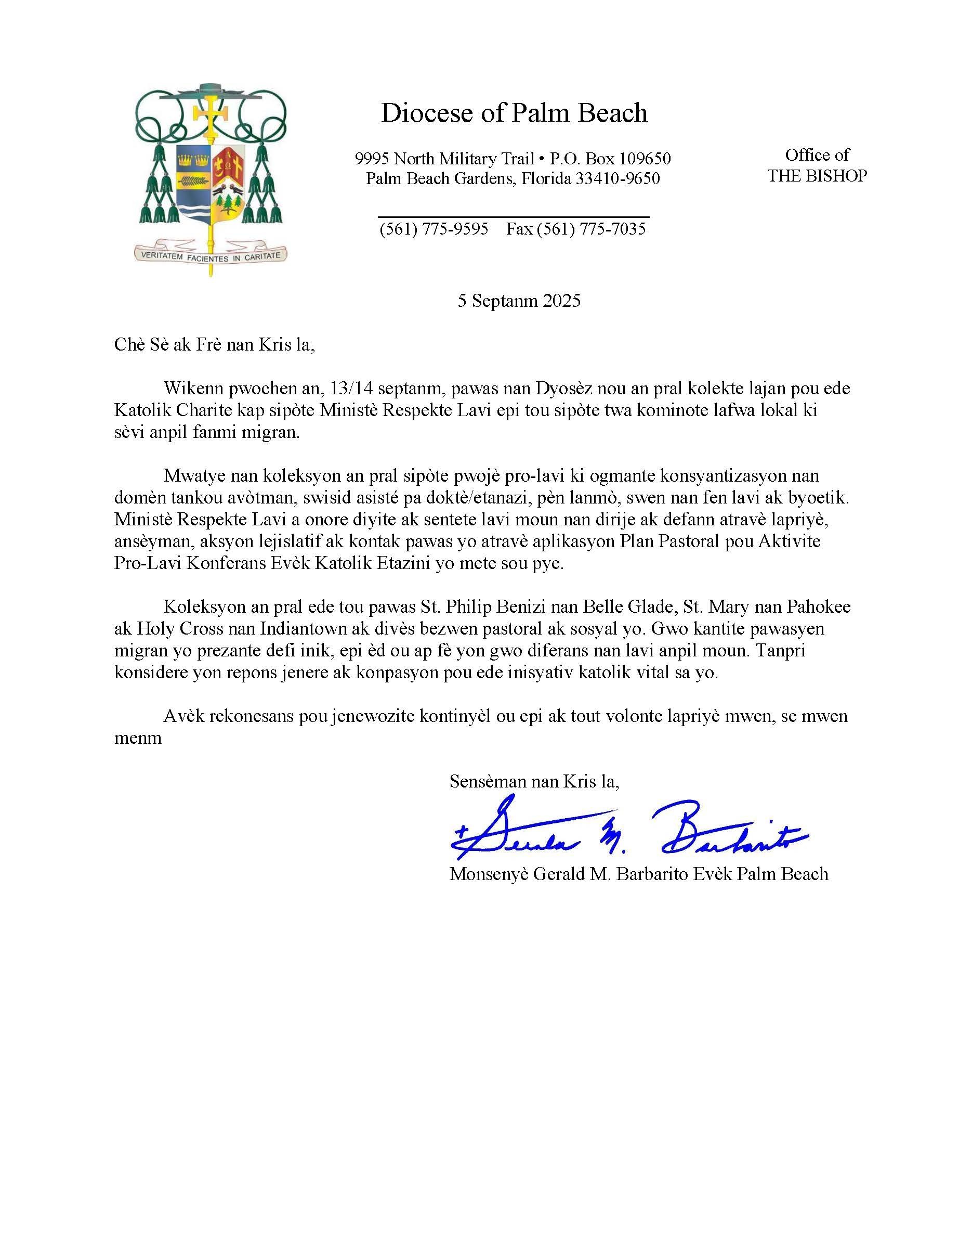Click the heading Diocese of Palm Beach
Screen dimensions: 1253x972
point(514,113)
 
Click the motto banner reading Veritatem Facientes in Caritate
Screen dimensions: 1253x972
point(211,256)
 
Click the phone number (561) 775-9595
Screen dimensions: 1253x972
point(434,229)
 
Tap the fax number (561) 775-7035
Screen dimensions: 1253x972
point(591,229)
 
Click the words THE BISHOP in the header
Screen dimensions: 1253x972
point(817,176)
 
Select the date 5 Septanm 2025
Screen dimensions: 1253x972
point(518,301)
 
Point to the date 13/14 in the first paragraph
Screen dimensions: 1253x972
point(350,389)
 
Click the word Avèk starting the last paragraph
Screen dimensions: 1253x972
point(184,716)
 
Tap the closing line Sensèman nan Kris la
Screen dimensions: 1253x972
point(534,781)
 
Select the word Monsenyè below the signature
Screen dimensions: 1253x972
point(489,874)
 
